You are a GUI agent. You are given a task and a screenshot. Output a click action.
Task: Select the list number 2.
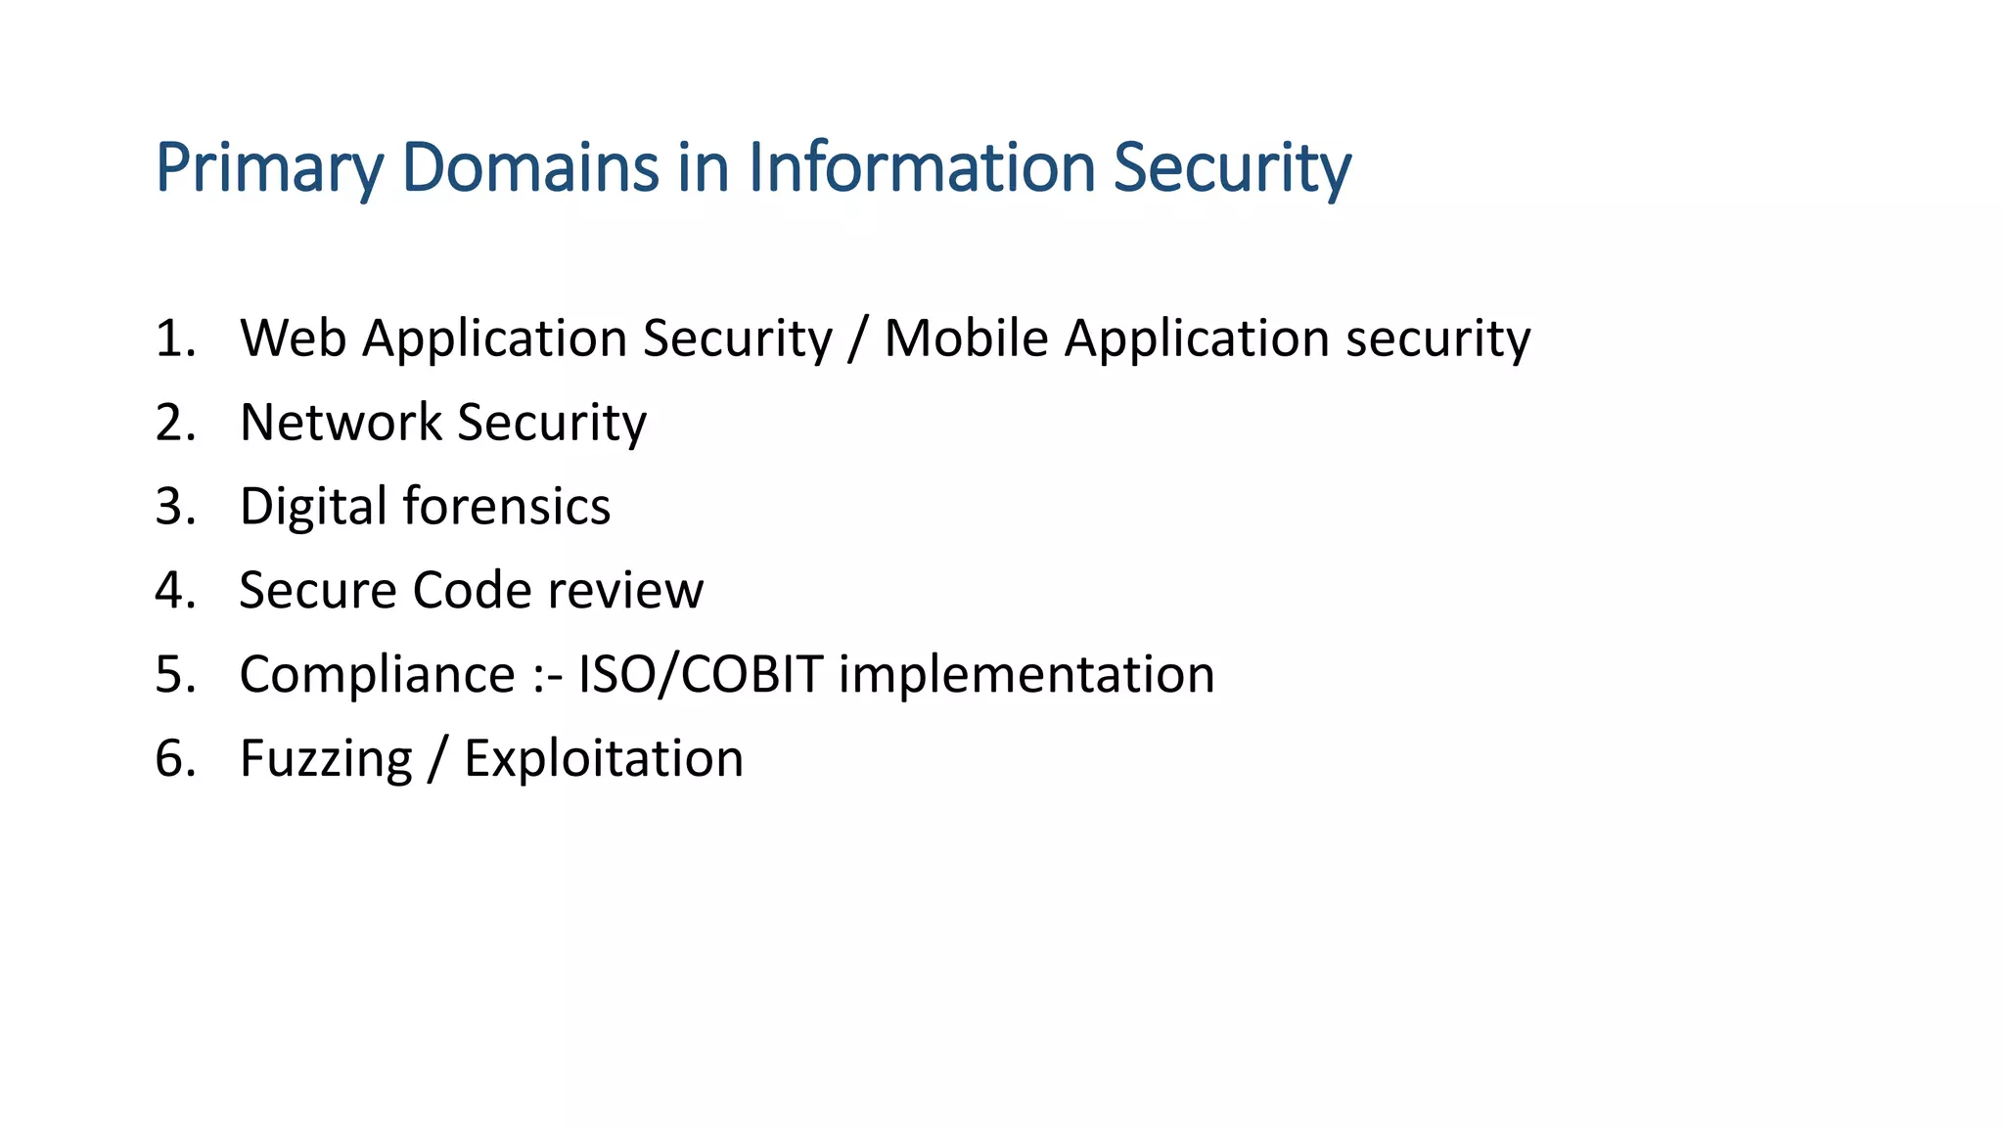click(x=174, y=423)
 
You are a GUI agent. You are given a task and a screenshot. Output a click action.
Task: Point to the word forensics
click(x=507, y=507)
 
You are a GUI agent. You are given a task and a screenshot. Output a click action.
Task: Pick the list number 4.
click(x=174, y=591)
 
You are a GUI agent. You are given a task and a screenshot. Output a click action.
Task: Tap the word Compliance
click(x=377, y=675)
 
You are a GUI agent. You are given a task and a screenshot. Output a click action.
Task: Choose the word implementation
click(x=1026, y=675)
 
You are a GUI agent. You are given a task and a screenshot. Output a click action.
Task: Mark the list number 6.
click(x=174, y=759)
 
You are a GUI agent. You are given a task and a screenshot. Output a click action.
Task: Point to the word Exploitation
click(x=604, y=759)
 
